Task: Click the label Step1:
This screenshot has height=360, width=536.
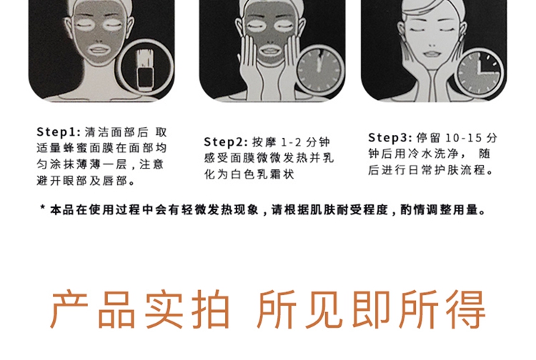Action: coord(59,132)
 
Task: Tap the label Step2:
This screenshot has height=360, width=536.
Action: coord(226,141)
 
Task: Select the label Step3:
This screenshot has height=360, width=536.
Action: coord(390,138)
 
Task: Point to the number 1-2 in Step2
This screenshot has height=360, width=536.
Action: coord(292,142)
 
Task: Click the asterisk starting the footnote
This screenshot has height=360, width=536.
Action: coord(42,208)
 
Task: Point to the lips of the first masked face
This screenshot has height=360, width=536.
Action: coord(98,51)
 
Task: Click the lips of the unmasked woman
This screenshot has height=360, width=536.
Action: coord(432,54)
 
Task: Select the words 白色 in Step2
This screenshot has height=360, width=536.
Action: coord(242,174)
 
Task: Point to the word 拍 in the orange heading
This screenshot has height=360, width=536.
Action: coord(211,309)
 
